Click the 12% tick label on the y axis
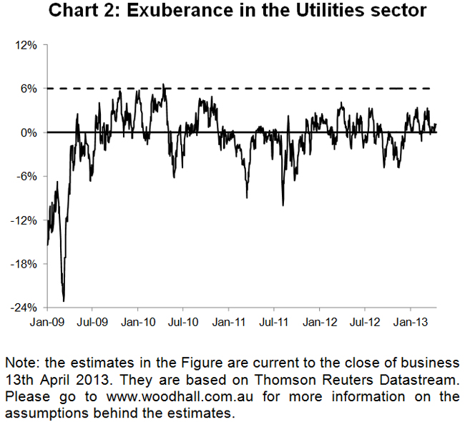click(27, 45)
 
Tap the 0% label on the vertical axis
click(30, 132)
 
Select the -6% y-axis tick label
click(28, 176)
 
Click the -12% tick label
click(26, 220)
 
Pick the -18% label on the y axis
click(26, 263)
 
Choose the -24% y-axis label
click(26, 307)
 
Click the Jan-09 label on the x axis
click(47, 323)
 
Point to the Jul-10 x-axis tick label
click(183, 323)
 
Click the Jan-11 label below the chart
click(228, 323)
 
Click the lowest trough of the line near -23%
click(64, 300)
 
